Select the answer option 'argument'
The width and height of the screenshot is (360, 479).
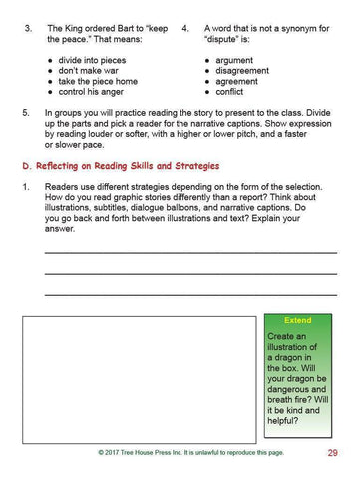[235, 61]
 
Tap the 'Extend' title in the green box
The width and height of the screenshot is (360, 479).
[297, 321]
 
